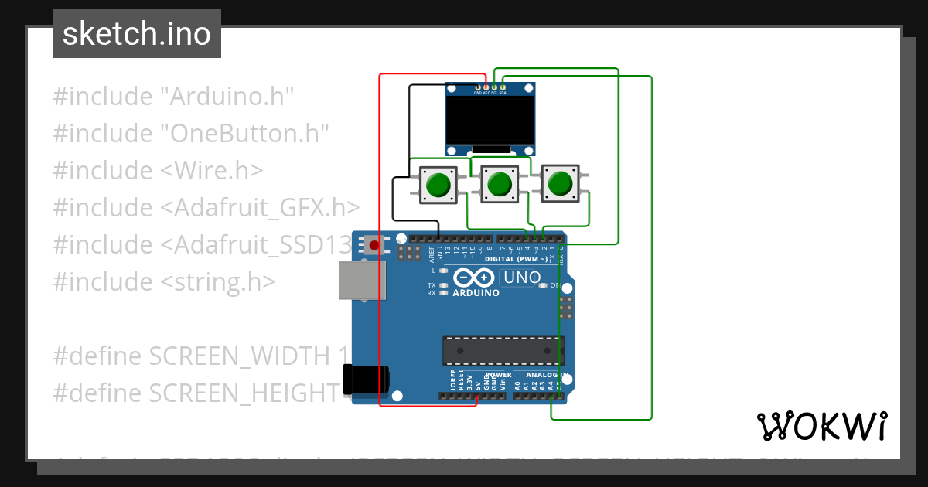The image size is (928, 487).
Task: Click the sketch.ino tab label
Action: [137, 34]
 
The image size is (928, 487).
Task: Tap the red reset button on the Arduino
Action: [375, 246]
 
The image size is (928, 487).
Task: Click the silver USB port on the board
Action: [362, 280]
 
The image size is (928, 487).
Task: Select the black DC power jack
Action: [368, 383]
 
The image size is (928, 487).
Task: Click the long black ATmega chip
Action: [503, 351]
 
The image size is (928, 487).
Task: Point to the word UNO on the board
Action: [522, 278]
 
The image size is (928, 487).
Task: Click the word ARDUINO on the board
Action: [476, 293]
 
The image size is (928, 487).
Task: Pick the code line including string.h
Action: [164, 281]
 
